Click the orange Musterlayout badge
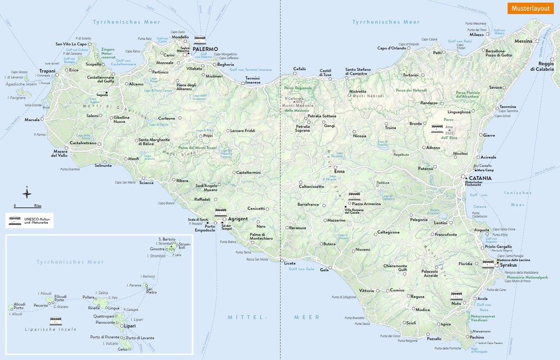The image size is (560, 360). click(530, 8)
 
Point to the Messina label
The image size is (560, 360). click(523, 41)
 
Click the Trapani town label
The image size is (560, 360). click(47, 71)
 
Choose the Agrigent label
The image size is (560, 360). click(238, 218)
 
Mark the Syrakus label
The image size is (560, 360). click(508, 265)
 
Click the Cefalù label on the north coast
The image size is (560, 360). click(299, 69)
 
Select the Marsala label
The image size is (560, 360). click(32, 119)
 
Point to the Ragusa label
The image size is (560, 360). click(417, 296)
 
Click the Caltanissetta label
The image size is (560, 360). click(311, 187)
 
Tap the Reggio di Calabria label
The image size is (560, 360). click(541, 66)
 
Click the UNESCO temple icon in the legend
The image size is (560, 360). click(15, 220)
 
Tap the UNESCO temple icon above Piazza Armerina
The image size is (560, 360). click(354, 196)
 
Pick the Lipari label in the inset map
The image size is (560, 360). click(130, 326)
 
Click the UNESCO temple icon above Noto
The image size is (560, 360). click(456, 296)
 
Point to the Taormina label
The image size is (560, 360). click(507, 106)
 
